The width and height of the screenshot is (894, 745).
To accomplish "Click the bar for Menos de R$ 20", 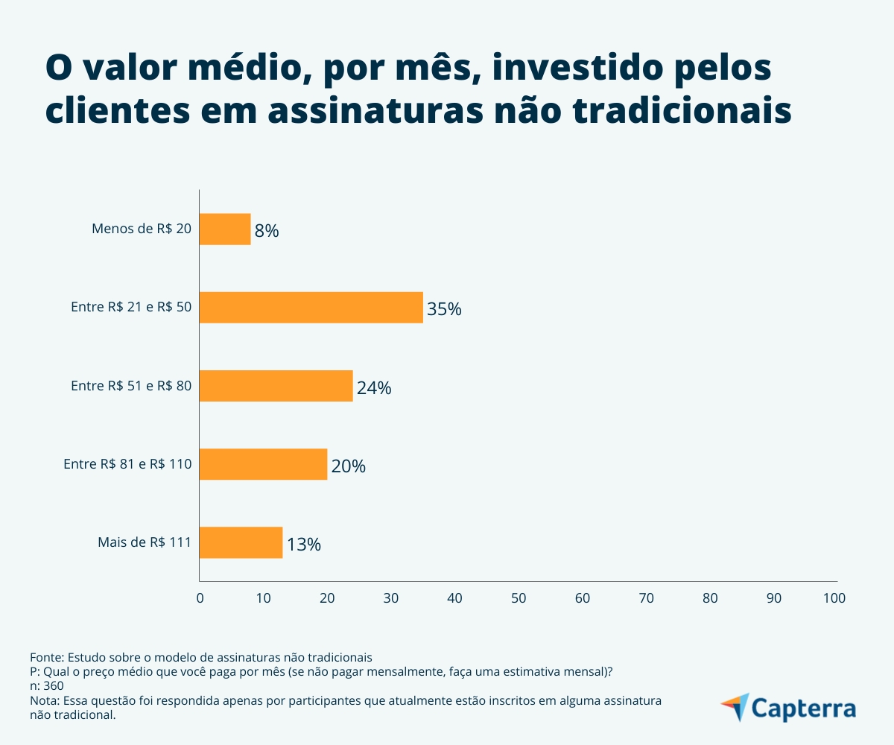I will coord(225,229).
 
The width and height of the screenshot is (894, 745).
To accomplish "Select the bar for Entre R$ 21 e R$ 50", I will coord(311,308).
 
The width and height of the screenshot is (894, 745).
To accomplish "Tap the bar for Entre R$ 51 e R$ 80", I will coord(276,386).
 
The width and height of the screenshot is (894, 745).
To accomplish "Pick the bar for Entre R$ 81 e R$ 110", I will coord(264,464).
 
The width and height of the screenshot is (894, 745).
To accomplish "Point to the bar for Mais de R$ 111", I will coord(241,542).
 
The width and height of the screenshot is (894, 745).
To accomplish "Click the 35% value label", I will coord(444,309).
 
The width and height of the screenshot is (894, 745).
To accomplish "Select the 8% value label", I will coord(267,231).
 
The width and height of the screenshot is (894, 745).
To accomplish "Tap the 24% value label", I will coord(374,387).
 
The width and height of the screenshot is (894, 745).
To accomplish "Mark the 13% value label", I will coord(304,545).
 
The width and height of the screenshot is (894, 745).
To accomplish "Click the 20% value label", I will coord(349,466).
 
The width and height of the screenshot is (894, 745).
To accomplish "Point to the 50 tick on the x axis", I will coord(519,598).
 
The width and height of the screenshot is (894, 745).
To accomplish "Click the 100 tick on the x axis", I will coord(834,598).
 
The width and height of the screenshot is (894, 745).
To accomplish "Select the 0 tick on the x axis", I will coord(200,598).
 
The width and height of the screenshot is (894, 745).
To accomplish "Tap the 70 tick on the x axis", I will coord(647,598).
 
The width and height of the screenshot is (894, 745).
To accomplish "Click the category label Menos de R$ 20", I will coord(142,229).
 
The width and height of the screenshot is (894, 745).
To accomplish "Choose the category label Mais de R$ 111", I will coord(145,542).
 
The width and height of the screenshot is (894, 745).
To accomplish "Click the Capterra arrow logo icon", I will coord(735,706).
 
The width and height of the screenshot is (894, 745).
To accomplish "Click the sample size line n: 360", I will coord(46,686).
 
